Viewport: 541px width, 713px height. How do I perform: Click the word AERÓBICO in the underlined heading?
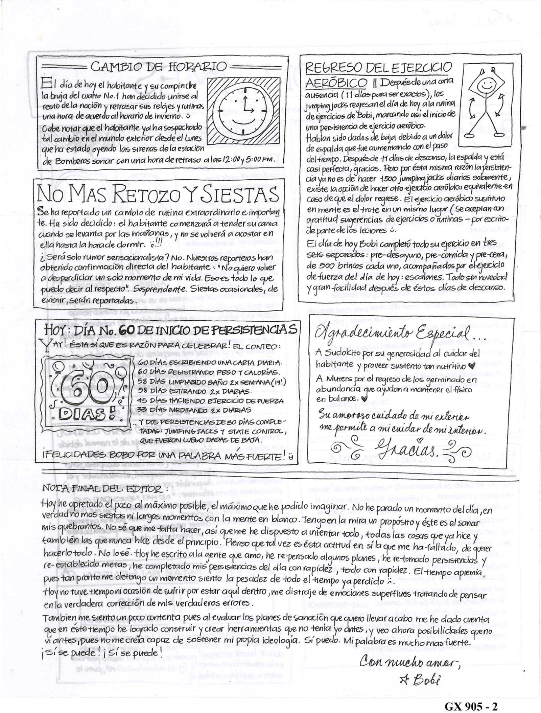pos(336,82)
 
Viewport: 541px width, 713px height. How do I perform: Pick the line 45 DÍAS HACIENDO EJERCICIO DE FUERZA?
pos(210,401)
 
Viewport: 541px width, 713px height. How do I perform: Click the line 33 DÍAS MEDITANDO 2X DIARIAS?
pos(194,410)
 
